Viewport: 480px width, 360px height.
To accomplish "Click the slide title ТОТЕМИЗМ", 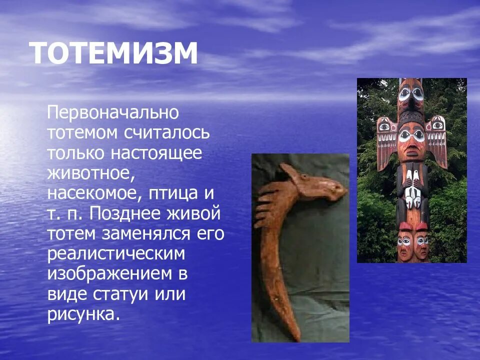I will click(x=113, y=54).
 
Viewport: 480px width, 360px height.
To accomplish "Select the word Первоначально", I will click(x=113, y=112).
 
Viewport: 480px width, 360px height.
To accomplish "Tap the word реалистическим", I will click(x=116, y=254).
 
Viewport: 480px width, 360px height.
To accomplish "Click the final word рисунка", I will click(x=84, y=315).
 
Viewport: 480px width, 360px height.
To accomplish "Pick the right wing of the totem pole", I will click(x=438, y=140).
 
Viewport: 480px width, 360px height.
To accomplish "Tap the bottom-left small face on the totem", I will click(x=404, y=243).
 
